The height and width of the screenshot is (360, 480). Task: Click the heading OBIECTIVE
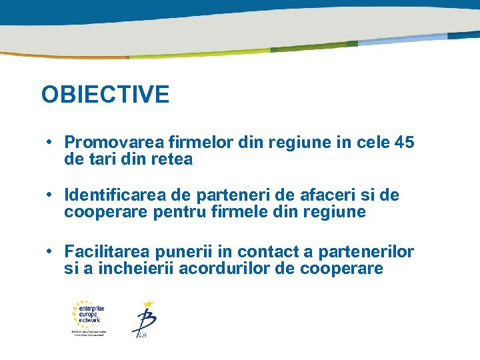click(105, 95)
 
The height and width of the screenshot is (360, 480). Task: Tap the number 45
click(404, 143)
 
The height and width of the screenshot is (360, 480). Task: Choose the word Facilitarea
click(107, 252)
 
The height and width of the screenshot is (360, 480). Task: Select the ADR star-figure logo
click(143, 319)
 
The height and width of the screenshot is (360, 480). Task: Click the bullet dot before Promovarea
click(50, 143)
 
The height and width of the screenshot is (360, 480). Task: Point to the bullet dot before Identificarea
click(50, 195)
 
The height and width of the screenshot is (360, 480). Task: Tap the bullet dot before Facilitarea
click(50, 252)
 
